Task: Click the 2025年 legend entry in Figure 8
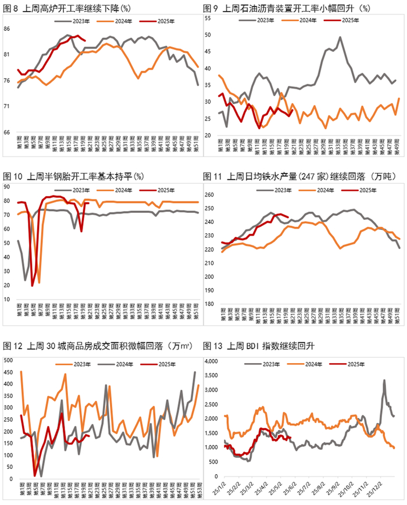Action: click(x=164, y=21)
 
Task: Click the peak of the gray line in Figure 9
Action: click(x=340, y=38)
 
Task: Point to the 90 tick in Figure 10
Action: click(x=8, y=186)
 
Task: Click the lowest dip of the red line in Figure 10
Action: click(x=33, y=285)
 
